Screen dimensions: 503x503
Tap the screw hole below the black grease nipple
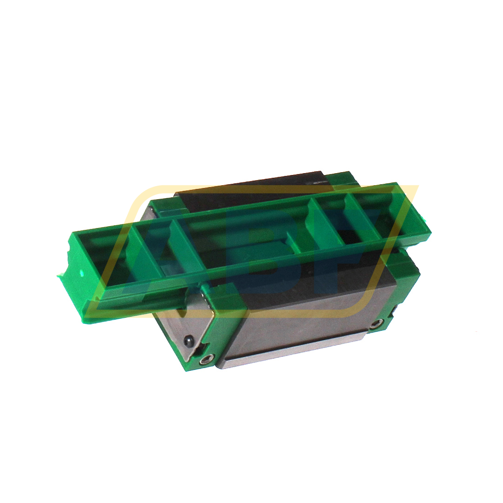(205, 359)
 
